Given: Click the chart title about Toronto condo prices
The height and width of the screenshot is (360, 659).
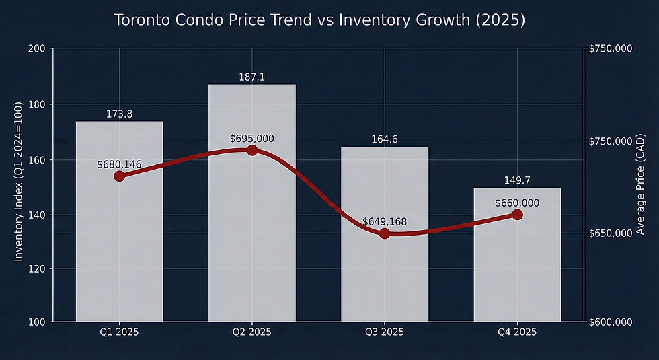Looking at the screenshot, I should pos(319,20).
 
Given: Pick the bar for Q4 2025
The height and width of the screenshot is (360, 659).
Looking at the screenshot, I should pos(517,269).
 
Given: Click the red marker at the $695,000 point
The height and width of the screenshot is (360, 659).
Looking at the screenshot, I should pos(252,150).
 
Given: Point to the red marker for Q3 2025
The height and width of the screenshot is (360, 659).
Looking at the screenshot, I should pos(385,233).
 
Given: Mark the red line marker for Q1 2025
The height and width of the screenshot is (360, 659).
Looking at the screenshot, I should pos(119,176).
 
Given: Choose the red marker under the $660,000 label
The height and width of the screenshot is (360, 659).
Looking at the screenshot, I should pos(517,215).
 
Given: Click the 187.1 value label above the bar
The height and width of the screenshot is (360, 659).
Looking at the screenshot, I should pos(251,78).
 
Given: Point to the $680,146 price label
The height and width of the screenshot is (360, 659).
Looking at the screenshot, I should pos(119,164).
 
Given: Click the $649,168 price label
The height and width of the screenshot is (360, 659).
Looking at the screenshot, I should pos(385,221).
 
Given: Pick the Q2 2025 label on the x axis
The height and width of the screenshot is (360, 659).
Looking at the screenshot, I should pos(251,332).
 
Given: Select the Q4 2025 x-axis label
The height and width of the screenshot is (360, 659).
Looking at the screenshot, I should pos(517,332).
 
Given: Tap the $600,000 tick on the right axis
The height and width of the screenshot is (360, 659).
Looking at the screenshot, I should pos(610,322).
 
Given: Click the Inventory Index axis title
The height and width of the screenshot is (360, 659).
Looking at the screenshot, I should pos(19,182).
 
